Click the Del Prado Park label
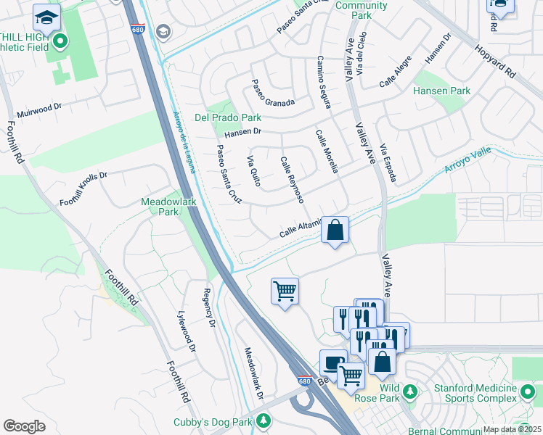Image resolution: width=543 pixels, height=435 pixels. [x=227, y=117]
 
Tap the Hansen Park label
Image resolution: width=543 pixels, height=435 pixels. [x=441, y=91]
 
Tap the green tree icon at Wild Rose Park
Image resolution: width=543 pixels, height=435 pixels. [x=409, y=392]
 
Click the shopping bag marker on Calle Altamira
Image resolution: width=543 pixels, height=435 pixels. [x=335, y=231]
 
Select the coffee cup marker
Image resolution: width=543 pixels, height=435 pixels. [x=333, y=362]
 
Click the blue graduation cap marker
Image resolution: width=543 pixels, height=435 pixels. [x=47, y=17]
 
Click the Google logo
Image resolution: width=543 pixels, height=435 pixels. [x=25, y=426]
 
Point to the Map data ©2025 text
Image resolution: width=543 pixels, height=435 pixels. [x=511, y=429]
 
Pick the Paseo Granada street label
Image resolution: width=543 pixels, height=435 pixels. [x=273, y=93]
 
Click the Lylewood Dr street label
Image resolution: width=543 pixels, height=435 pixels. [x=187, y=331]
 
